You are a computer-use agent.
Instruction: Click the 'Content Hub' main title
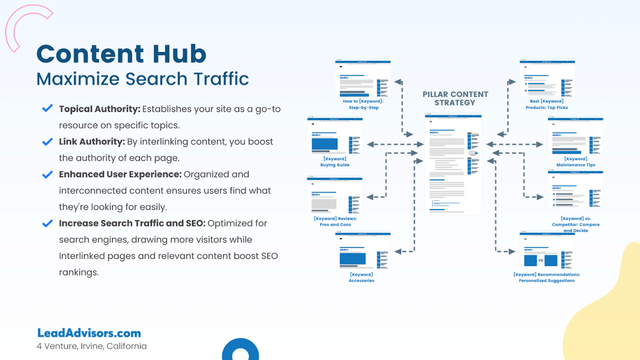121,54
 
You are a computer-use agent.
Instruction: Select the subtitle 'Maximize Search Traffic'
142,79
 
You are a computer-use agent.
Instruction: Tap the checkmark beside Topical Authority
47,108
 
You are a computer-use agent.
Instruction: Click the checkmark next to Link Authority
47,142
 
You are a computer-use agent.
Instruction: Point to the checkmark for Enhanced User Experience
47,174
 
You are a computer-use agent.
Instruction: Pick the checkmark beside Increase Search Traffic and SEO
47,223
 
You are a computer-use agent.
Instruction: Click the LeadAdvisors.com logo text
89,333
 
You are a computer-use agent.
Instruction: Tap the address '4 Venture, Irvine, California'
92,346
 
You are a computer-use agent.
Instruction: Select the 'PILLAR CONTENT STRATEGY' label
455,99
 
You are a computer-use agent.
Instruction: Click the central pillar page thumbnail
453,164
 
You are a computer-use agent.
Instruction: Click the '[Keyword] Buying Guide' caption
335,162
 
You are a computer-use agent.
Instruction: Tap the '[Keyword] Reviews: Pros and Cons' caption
335,221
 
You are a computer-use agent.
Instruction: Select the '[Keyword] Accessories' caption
361,277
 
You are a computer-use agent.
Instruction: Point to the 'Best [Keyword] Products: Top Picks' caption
547,104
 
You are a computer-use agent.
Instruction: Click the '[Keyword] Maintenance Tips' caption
576,162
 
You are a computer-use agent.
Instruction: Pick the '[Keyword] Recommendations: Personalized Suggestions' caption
547,277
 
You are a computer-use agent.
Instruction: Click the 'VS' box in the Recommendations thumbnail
541,260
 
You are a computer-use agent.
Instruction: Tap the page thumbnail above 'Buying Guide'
335,136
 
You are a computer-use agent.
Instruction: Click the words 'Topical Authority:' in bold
100,109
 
